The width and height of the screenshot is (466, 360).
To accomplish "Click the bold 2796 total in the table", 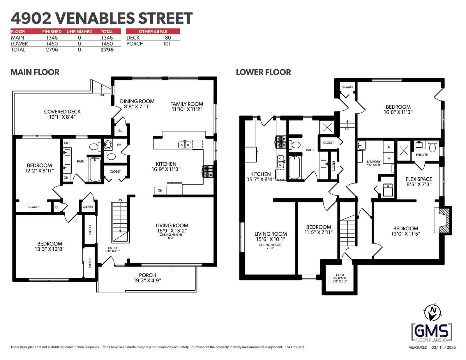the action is pyautogui.click(x=107, y=50).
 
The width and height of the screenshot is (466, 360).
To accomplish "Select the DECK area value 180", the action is pyautogui.click(x=167, y=38).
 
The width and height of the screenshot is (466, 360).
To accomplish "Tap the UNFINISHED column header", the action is pyautogui.click(x=79, y=31).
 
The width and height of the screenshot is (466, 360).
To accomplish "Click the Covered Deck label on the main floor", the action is pyautogui.click(x=62, y=112).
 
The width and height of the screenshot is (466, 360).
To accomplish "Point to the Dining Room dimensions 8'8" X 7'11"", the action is pyautogui.click(x=137, y=107).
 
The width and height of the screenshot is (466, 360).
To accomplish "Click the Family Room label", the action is pyautogui.click(x=187, y=104).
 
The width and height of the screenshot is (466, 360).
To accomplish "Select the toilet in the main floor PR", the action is pyautogui.click(x=110, y=156).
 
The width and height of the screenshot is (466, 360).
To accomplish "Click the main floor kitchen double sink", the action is pyautogui.click(x=185, y=145).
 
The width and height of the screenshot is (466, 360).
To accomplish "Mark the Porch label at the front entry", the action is pyautogui.click(x=147, y=275).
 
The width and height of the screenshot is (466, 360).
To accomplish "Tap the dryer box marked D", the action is pyautogui.click(x=389, y=147).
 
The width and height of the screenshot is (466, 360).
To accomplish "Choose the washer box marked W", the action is pyautogui.click(x=389, y=158).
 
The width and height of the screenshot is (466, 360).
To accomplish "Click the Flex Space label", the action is pyautogui.click(x=419, y=179).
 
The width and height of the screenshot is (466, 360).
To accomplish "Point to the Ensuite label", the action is pyautogui.click(x=422, y=155).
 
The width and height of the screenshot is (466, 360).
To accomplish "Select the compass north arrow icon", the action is pyautogui.click(x=433, y=313).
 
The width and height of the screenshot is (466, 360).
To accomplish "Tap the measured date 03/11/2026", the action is pyautogui.click(x=444, y=347).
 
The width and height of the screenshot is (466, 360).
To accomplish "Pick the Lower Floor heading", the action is pyautogui.click(x=263, y=72).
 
